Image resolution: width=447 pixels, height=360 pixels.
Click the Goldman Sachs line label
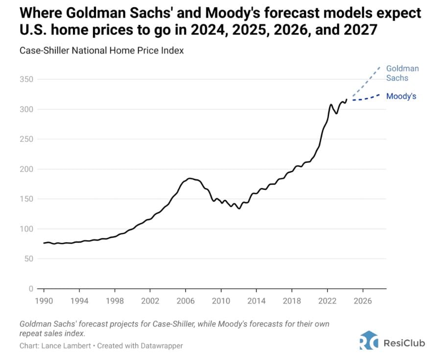[x=402, y=73]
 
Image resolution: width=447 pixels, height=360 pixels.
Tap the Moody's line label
[x=401, y=96]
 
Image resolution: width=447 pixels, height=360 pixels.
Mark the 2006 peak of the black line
[x=189, y=179]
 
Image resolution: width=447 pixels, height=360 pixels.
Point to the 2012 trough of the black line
[x=239, y=208]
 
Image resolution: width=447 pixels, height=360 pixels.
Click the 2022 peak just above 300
[x=331, y=104]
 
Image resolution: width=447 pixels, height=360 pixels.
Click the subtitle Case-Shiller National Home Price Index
[x=101, y=50]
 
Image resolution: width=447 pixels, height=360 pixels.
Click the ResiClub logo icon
[x=369, y=340]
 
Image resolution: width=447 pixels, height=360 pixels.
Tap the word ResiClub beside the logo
[x=404, y=342]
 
